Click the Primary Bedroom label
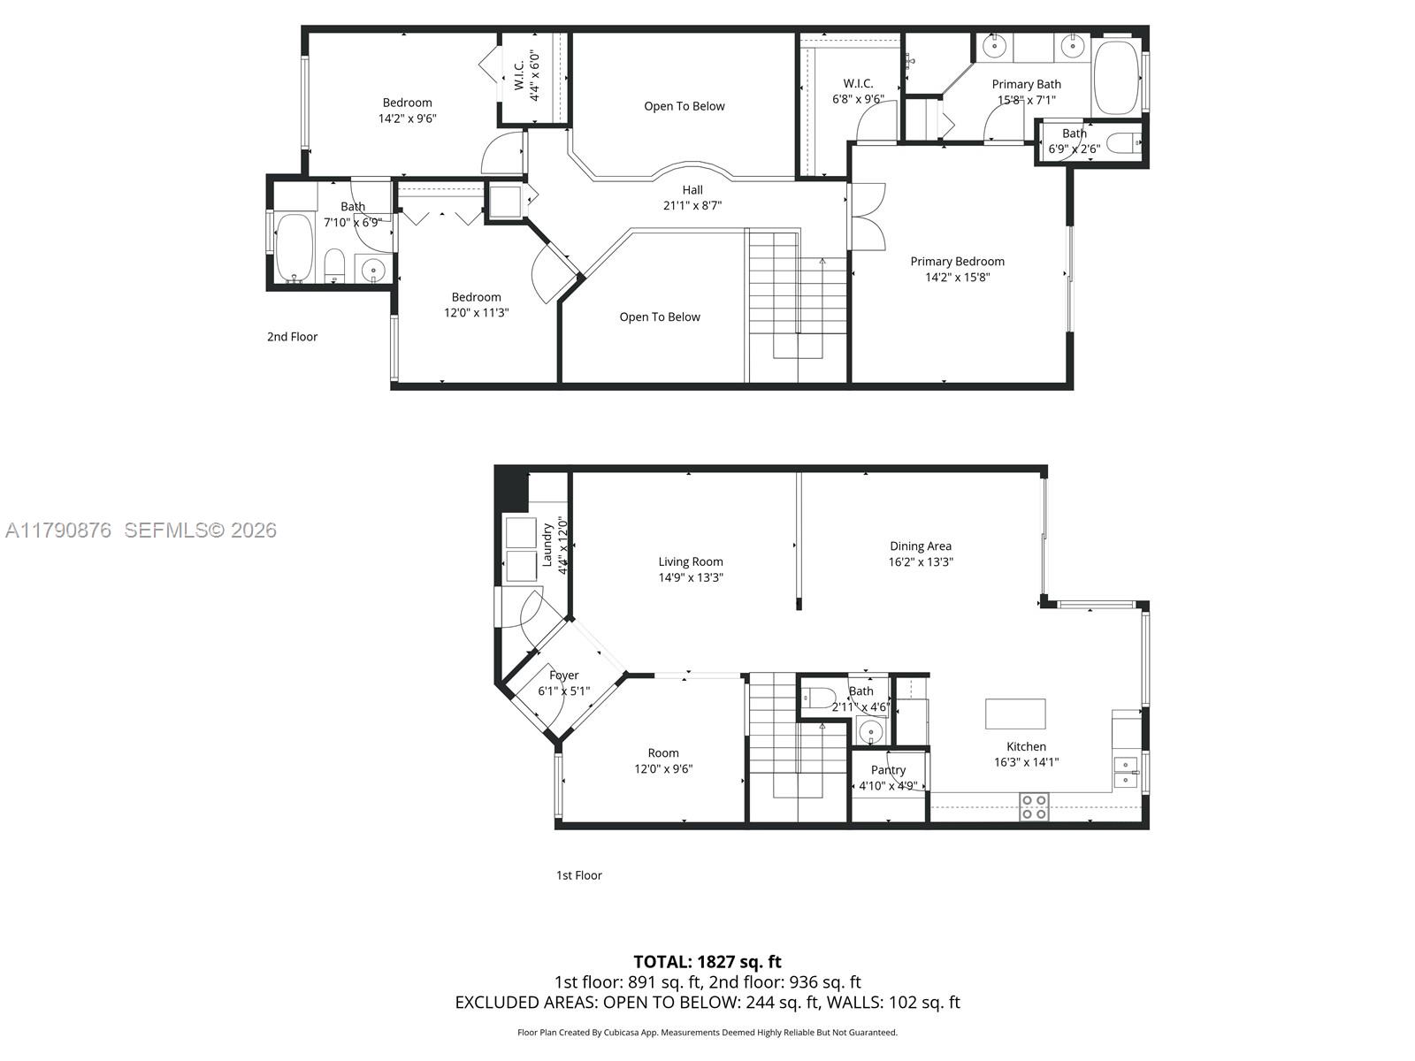tap(957, 262)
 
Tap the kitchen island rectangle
tap(1015, 714)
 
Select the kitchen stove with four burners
tap(1034, 806)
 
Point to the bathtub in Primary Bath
tap(1117, 78)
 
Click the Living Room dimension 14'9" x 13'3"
tap(691, 577)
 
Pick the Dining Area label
tap(920, 546)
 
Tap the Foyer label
tap(563, 676)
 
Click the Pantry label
tap(888, 770)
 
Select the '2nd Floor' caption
tap(292, 337)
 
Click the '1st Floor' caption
tap(578, 875)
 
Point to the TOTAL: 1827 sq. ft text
tap(707, 962)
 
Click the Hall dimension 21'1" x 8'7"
tap(692, 205)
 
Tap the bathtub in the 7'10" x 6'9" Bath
tap(294, 248)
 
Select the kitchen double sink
tap(1126, 772)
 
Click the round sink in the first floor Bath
tap(871, 732)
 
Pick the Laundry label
tap(547, 545)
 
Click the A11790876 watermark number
tap(58, 530)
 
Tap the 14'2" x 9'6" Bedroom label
tap(407, 103)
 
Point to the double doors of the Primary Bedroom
tap(867, 217)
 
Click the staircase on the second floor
tap(796, 292)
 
